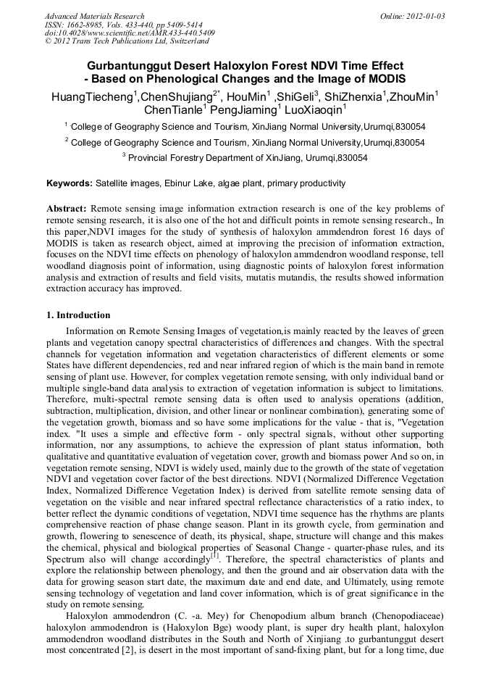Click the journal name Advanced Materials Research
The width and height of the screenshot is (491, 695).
94,16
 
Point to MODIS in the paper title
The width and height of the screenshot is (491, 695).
383,78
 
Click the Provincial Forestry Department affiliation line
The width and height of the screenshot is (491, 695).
247,157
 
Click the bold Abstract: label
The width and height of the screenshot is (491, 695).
67,208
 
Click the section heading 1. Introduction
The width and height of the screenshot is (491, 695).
78,315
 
